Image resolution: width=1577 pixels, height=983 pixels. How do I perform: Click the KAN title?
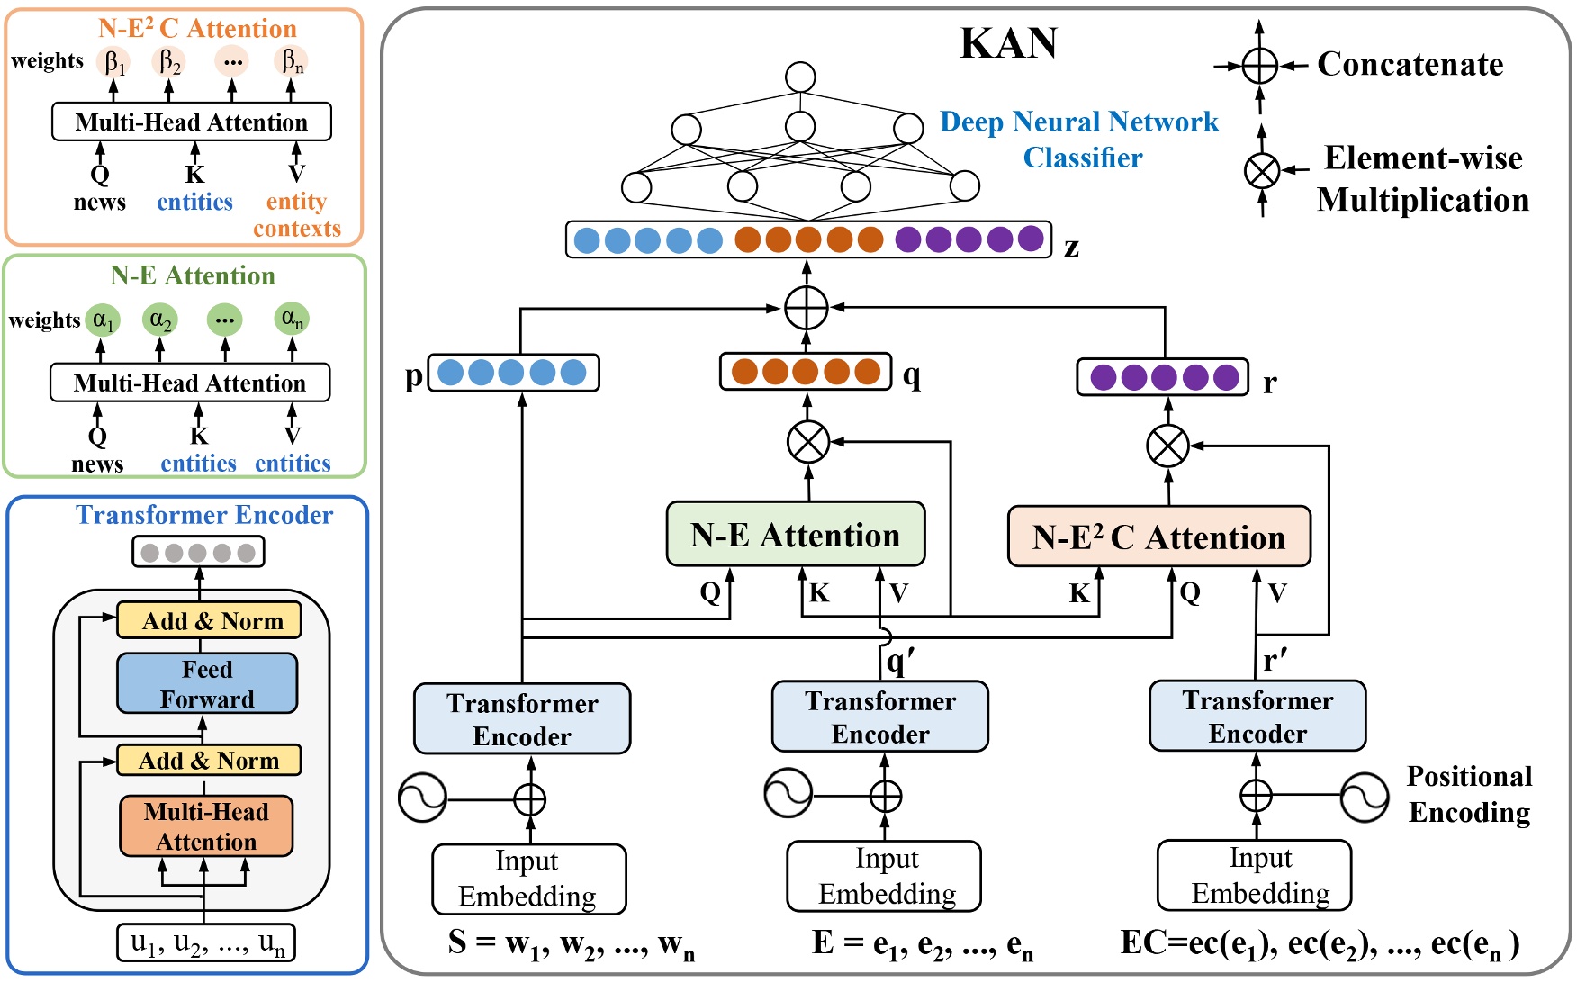pyautogui.click(x=1008, y=43)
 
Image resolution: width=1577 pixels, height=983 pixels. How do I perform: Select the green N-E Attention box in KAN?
pyautogui.click(x=795, y=535)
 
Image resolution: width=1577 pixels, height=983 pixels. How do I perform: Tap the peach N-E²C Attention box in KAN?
pyautogui.click(x=1158, y=537)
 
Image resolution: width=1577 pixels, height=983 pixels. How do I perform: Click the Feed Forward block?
pyautogui.click(x=207, y=683)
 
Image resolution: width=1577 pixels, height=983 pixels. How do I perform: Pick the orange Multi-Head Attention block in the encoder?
pyautogui.click(x=206, y=825)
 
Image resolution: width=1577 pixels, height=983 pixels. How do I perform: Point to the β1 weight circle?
pyautogui.click(x=114, y=62)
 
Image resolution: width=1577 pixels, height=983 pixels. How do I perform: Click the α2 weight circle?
pyautogui.click(x=160, y=320)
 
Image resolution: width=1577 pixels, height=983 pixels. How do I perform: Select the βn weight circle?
pyautogui.click(x=292, y=62)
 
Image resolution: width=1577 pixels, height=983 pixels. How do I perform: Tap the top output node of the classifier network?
pyautogui.click(x=799, y=77)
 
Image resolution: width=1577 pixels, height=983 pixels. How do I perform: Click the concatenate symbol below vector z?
pyautogui.click(x=806, y=308)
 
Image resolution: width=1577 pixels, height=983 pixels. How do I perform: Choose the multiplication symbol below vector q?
pyautogui.click(x=808, y=442)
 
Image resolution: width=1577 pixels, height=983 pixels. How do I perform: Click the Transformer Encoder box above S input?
pyautogui.click(x=522, y=719)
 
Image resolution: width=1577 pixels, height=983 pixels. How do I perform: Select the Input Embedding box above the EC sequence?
pyautogui.click(x=1255, y=875)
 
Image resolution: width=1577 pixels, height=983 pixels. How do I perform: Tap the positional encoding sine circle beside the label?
pyautogui.click(x=1364, y=797)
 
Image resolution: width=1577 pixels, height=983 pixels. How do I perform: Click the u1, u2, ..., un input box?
pyautogui.click(x=206, y=943)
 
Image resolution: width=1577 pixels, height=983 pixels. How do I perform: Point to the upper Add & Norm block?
pyautogui.click(x=209, y=621)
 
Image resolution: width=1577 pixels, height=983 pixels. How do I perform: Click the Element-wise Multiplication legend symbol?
pyautogui.click(x=1261, y=170)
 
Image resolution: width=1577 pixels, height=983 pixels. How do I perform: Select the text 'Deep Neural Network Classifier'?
pyautogui.click(x=1079, y=140)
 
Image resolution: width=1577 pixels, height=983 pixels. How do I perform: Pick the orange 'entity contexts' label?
pyautogui.click(x=297, y=215)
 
